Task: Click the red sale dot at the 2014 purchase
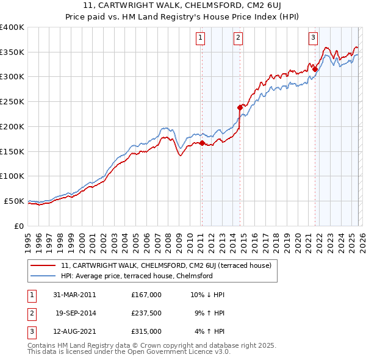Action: pyautogui.click(x=240, y=107)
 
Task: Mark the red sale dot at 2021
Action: pyautogui.click(x=315, y=69)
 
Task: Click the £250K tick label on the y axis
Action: pyautogui.click(x=12, y=102)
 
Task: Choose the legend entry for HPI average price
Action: pyautogui.click(x=136, y=276)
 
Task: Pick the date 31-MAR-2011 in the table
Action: pyautogui.click(x=75, y=294)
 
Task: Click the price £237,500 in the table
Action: pyautogui.click(x=146, y=313)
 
